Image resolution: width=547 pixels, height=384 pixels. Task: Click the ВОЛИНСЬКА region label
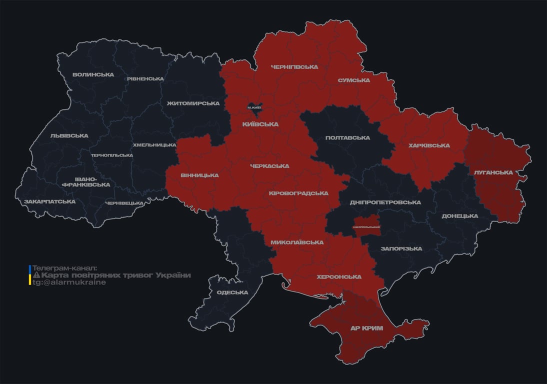tap(93, 74)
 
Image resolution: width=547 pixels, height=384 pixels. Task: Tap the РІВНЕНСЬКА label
tap(145, 79)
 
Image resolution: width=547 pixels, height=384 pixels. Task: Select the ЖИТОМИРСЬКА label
tap(193, 103)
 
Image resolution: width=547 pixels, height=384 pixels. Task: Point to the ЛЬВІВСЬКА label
tap(69, 135)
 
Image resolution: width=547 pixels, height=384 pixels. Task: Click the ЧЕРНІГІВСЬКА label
tap(294, 66)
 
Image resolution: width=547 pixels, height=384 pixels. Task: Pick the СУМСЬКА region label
tap(353, 80)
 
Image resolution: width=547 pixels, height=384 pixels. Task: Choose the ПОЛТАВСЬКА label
tap(347, 137)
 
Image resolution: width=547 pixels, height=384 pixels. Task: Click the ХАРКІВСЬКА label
tap(429, 145)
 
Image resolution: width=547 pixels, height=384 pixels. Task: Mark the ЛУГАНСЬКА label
tap(493, 172)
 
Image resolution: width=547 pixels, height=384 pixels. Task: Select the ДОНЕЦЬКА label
tap(459, 216)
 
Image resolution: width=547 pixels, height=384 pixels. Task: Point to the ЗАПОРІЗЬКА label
tap(401, 248)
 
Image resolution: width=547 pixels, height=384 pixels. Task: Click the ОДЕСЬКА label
tap(232, 292)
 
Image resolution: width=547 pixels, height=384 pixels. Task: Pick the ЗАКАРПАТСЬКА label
tap(50, 201)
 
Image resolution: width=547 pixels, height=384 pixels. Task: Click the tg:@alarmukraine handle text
tap(69, 282)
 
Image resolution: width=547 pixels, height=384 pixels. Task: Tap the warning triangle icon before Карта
tap(36, 275)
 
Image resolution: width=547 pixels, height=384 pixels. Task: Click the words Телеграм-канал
tap(64, 268)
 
